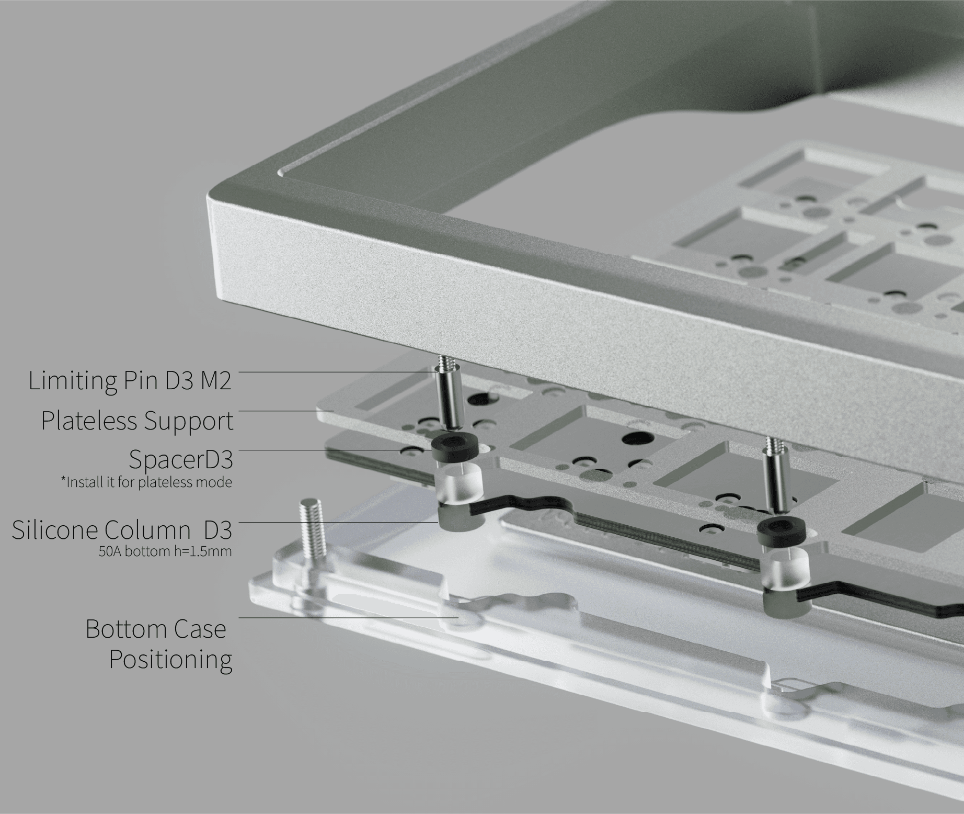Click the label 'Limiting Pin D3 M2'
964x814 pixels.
130,380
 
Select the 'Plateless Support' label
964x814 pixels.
137,421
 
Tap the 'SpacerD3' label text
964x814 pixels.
180,460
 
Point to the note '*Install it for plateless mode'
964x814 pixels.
146,481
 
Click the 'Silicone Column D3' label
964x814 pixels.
122,530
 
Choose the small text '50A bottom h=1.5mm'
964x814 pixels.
165,551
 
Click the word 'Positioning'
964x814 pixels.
170,659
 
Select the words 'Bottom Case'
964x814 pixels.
156,629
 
